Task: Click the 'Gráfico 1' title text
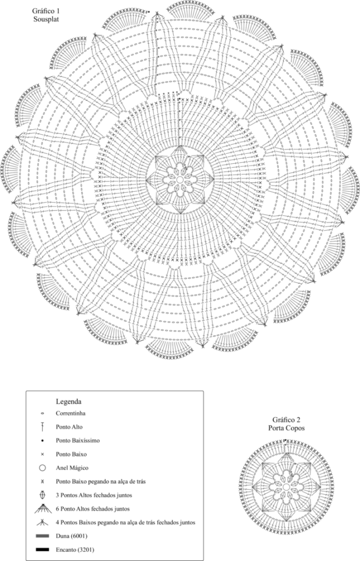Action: pos(45,12)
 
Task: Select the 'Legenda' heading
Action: pos(68,401)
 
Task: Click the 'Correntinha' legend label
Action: pos(71,413)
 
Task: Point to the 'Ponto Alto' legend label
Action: pos(69,427)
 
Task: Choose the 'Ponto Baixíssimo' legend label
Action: pos(78,440)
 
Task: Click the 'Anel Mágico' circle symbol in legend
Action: pos(42,468)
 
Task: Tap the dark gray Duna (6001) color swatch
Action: pos(43,536)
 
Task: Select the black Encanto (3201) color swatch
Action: pos(43,549)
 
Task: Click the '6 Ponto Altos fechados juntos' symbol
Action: pos(43,509)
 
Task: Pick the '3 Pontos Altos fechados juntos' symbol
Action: pos(43,495)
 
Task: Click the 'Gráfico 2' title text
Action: pos(285,419)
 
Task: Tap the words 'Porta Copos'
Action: pos(286,427)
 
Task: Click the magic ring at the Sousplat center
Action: pos(180,179)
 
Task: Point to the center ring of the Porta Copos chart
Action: pos(286,487)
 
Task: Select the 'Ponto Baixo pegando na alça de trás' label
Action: pos(101,481)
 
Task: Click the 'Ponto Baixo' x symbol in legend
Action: pos(42,454)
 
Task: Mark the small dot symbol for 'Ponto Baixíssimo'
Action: pos(42,440)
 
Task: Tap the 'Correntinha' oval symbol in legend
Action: pos(42,414)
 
